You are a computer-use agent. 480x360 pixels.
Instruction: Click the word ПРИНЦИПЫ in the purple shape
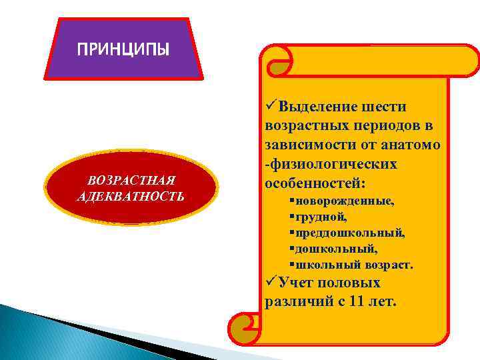123,49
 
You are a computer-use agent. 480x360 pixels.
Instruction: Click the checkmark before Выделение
271,107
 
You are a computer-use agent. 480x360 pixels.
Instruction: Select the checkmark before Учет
271,283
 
